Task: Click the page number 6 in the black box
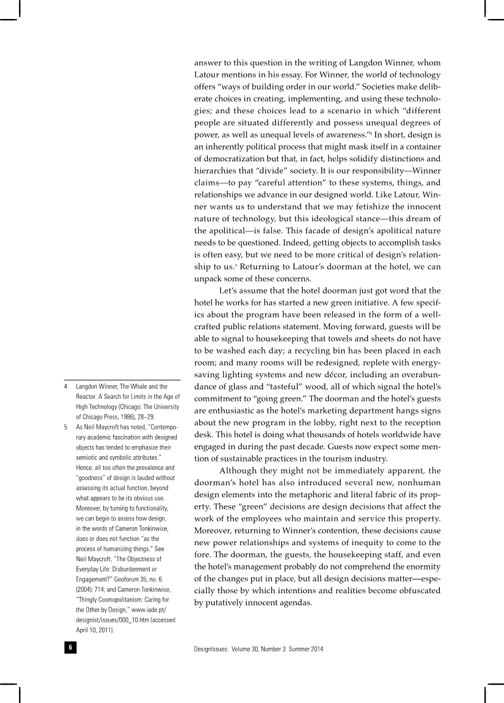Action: tap(70, 648)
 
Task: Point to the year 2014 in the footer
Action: tap(316, 649)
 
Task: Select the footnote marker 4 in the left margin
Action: tap(66, 387)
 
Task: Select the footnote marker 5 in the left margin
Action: tap(66, 427)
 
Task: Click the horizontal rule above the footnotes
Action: tap(122, 380)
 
